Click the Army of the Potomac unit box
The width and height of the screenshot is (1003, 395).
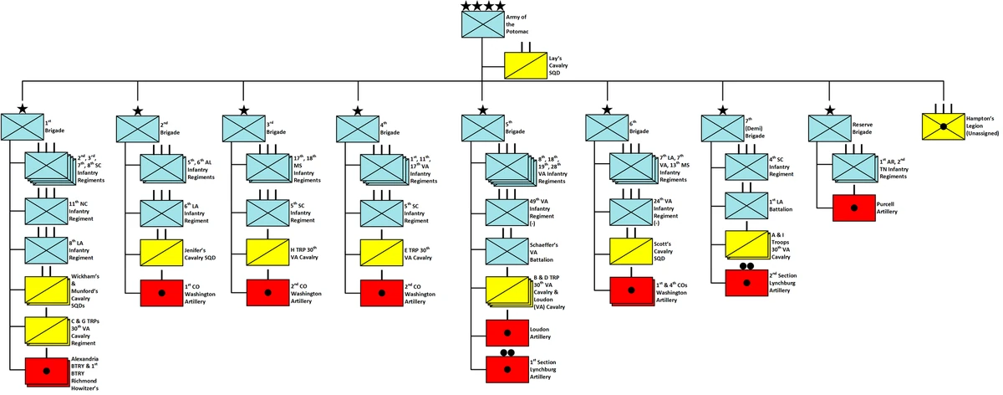tap(483, 24)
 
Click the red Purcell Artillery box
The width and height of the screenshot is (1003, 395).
tap(853, 207)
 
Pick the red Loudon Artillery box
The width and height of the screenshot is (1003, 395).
tap(507, 332)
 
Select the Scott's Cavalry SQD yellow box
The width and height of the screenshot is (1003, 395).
tap(631, 251)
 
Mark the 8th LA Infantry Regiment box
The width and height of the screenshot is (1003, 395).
tap(47, 251)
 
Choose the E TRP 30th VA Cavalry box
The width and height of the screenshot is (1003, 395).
tap(381, 251)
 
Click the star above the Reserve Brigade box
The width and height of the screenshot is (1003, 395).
tap(829, 110)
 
